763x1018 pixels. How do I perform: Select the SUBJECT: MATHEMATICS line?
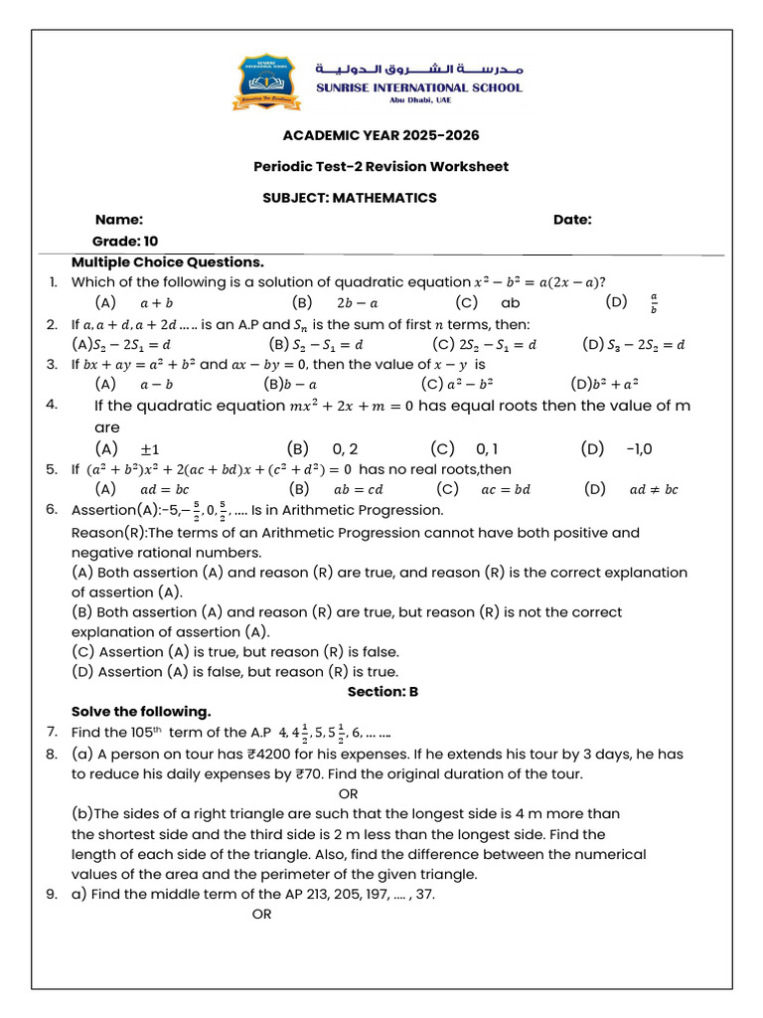point(349,198)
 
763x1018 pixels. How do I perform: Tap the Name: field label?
point(119,220)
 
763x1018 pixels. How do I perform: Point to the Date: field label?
point(572,220)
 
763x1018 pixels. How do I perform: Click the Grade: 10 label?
point(125,241)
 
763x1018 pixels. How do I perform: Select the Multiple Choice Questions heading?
point(168,262)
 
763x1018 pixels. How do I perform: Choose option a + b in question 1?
point(156,302)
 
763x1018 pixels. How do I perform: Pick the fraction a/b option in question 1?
point(653,302)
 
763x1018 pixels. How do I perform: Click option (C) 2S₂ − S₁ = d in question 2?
point(485,345)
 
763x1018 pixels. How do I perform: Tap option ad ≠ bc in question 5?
point(654,489)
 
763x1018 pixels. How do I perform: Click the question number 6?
point(52,510)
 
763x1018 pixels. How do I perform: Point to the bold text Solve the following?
point(141,712)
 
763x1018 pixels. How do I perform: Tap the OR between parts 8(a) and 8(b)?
point(349,793)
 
